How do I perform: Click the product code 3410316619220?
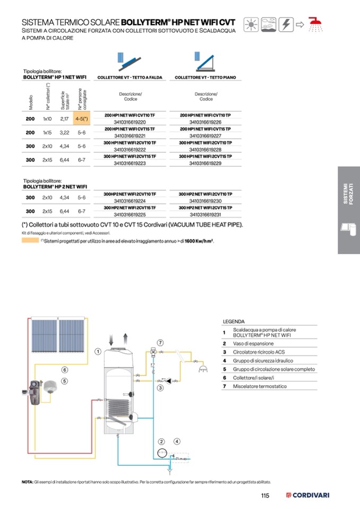(x=130, y=122)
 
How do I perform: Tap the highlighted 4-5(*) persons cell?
(x=81, y=119)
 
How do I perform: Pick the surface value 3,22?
(x=65, y=133)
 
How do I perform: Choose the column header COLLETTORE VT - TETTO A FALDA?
(x=130, y=77)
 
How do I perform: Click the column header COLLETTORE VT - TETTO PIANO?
(x=205, y=77)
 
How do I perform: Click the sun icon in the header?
(x=251, y=24)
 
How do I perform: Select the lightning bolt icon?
(x=286, y=24)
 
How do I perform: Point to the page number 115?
(x=265, y=496)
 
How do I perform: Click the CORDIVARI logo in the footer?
(x=308, y=496)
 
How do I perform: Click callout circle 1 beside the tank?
(x=98, y=351)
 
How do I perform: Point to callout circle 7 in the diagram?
(x=160, y=342)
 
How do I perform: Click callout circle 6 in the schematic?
(x=64, y=370)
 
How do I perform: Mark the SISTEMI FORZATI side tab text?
(x=348, y=194)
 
